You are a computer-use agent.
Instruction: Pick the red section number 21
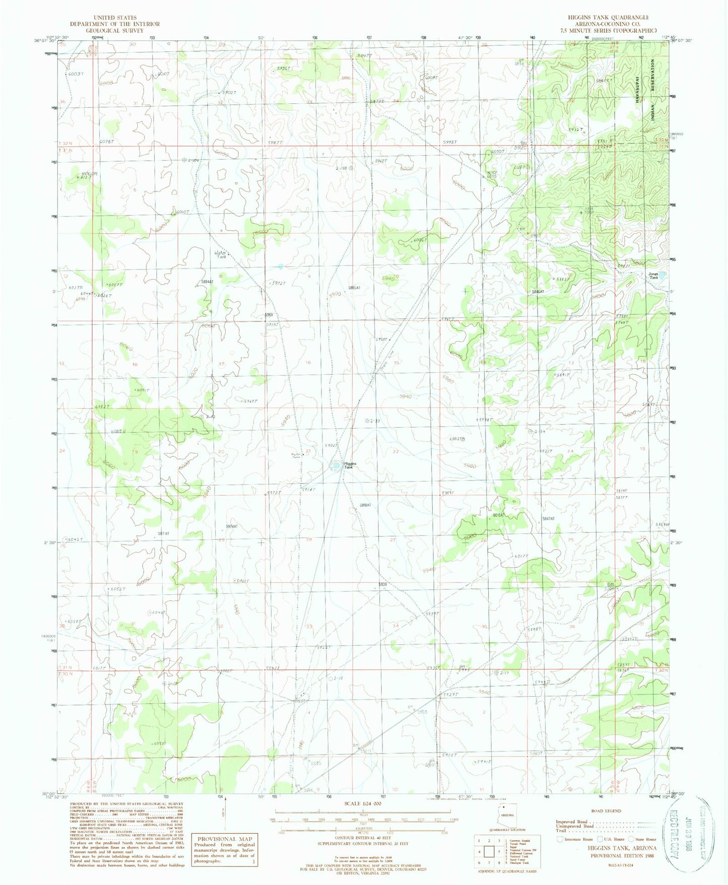308,451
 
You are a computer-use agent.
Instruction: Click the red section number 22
395,451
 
